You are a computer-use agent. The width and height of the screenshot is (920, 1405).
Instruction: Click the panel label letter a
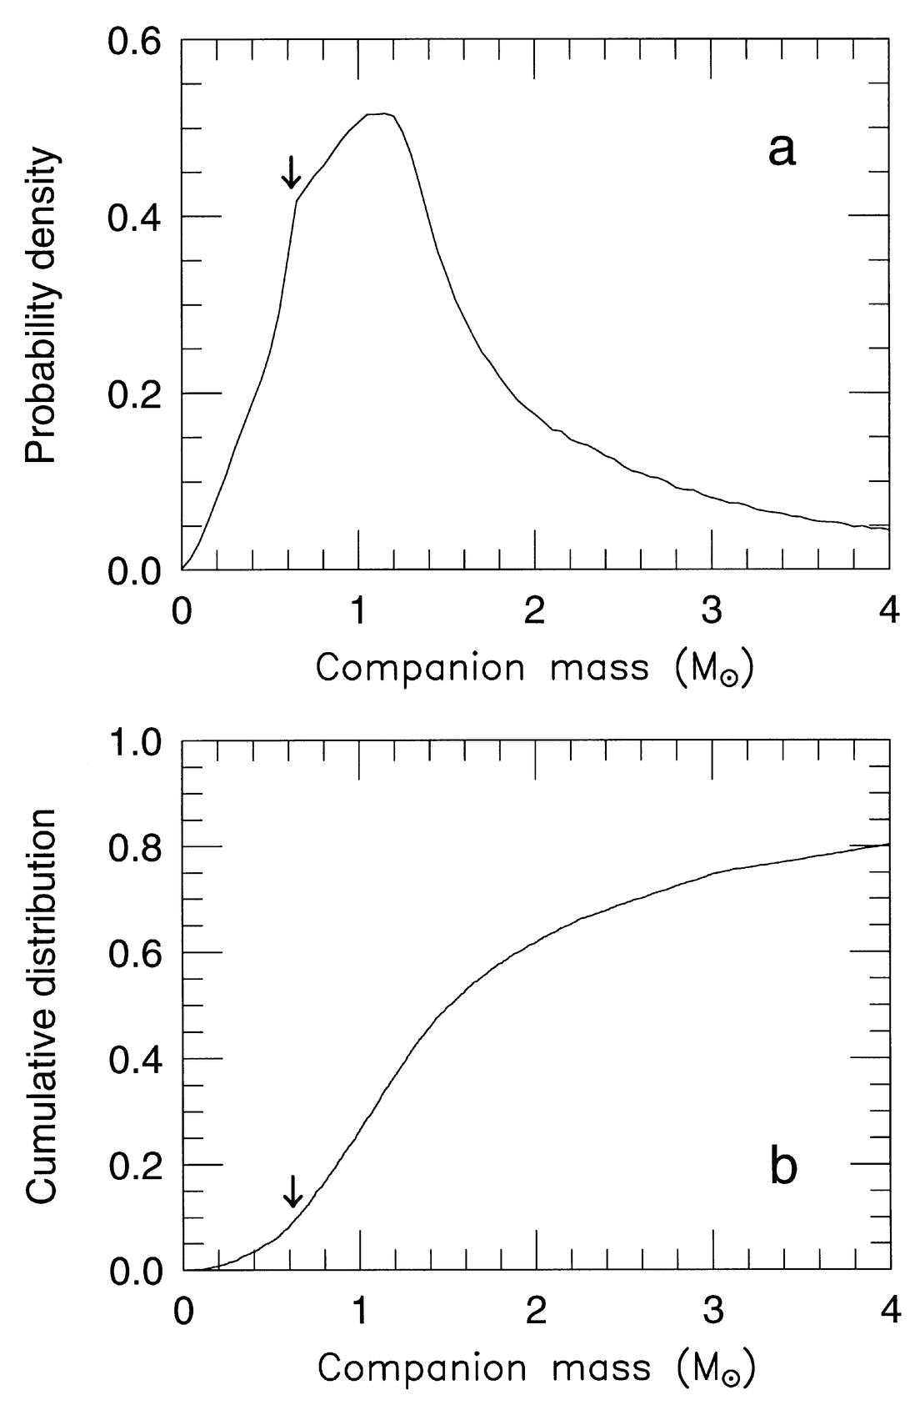[x=782, y=152]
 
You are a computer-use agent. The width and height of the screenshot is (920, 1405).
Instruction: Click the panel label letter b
[x=783, y=1167]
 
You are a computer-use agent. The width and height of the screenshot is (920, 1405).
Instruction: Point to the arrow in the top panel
[x=290, y=172]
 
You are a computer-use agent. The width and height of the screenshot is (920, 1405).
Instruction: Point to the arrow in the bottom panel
[x=292, y=1191]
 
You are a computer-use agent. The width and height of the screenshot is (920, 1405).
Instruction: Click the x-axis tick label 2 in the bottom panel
[x=535, y=1312]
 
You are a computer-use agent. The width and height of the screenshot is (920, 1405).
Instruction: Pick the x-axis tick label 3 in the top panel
[x=711, y=612]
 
